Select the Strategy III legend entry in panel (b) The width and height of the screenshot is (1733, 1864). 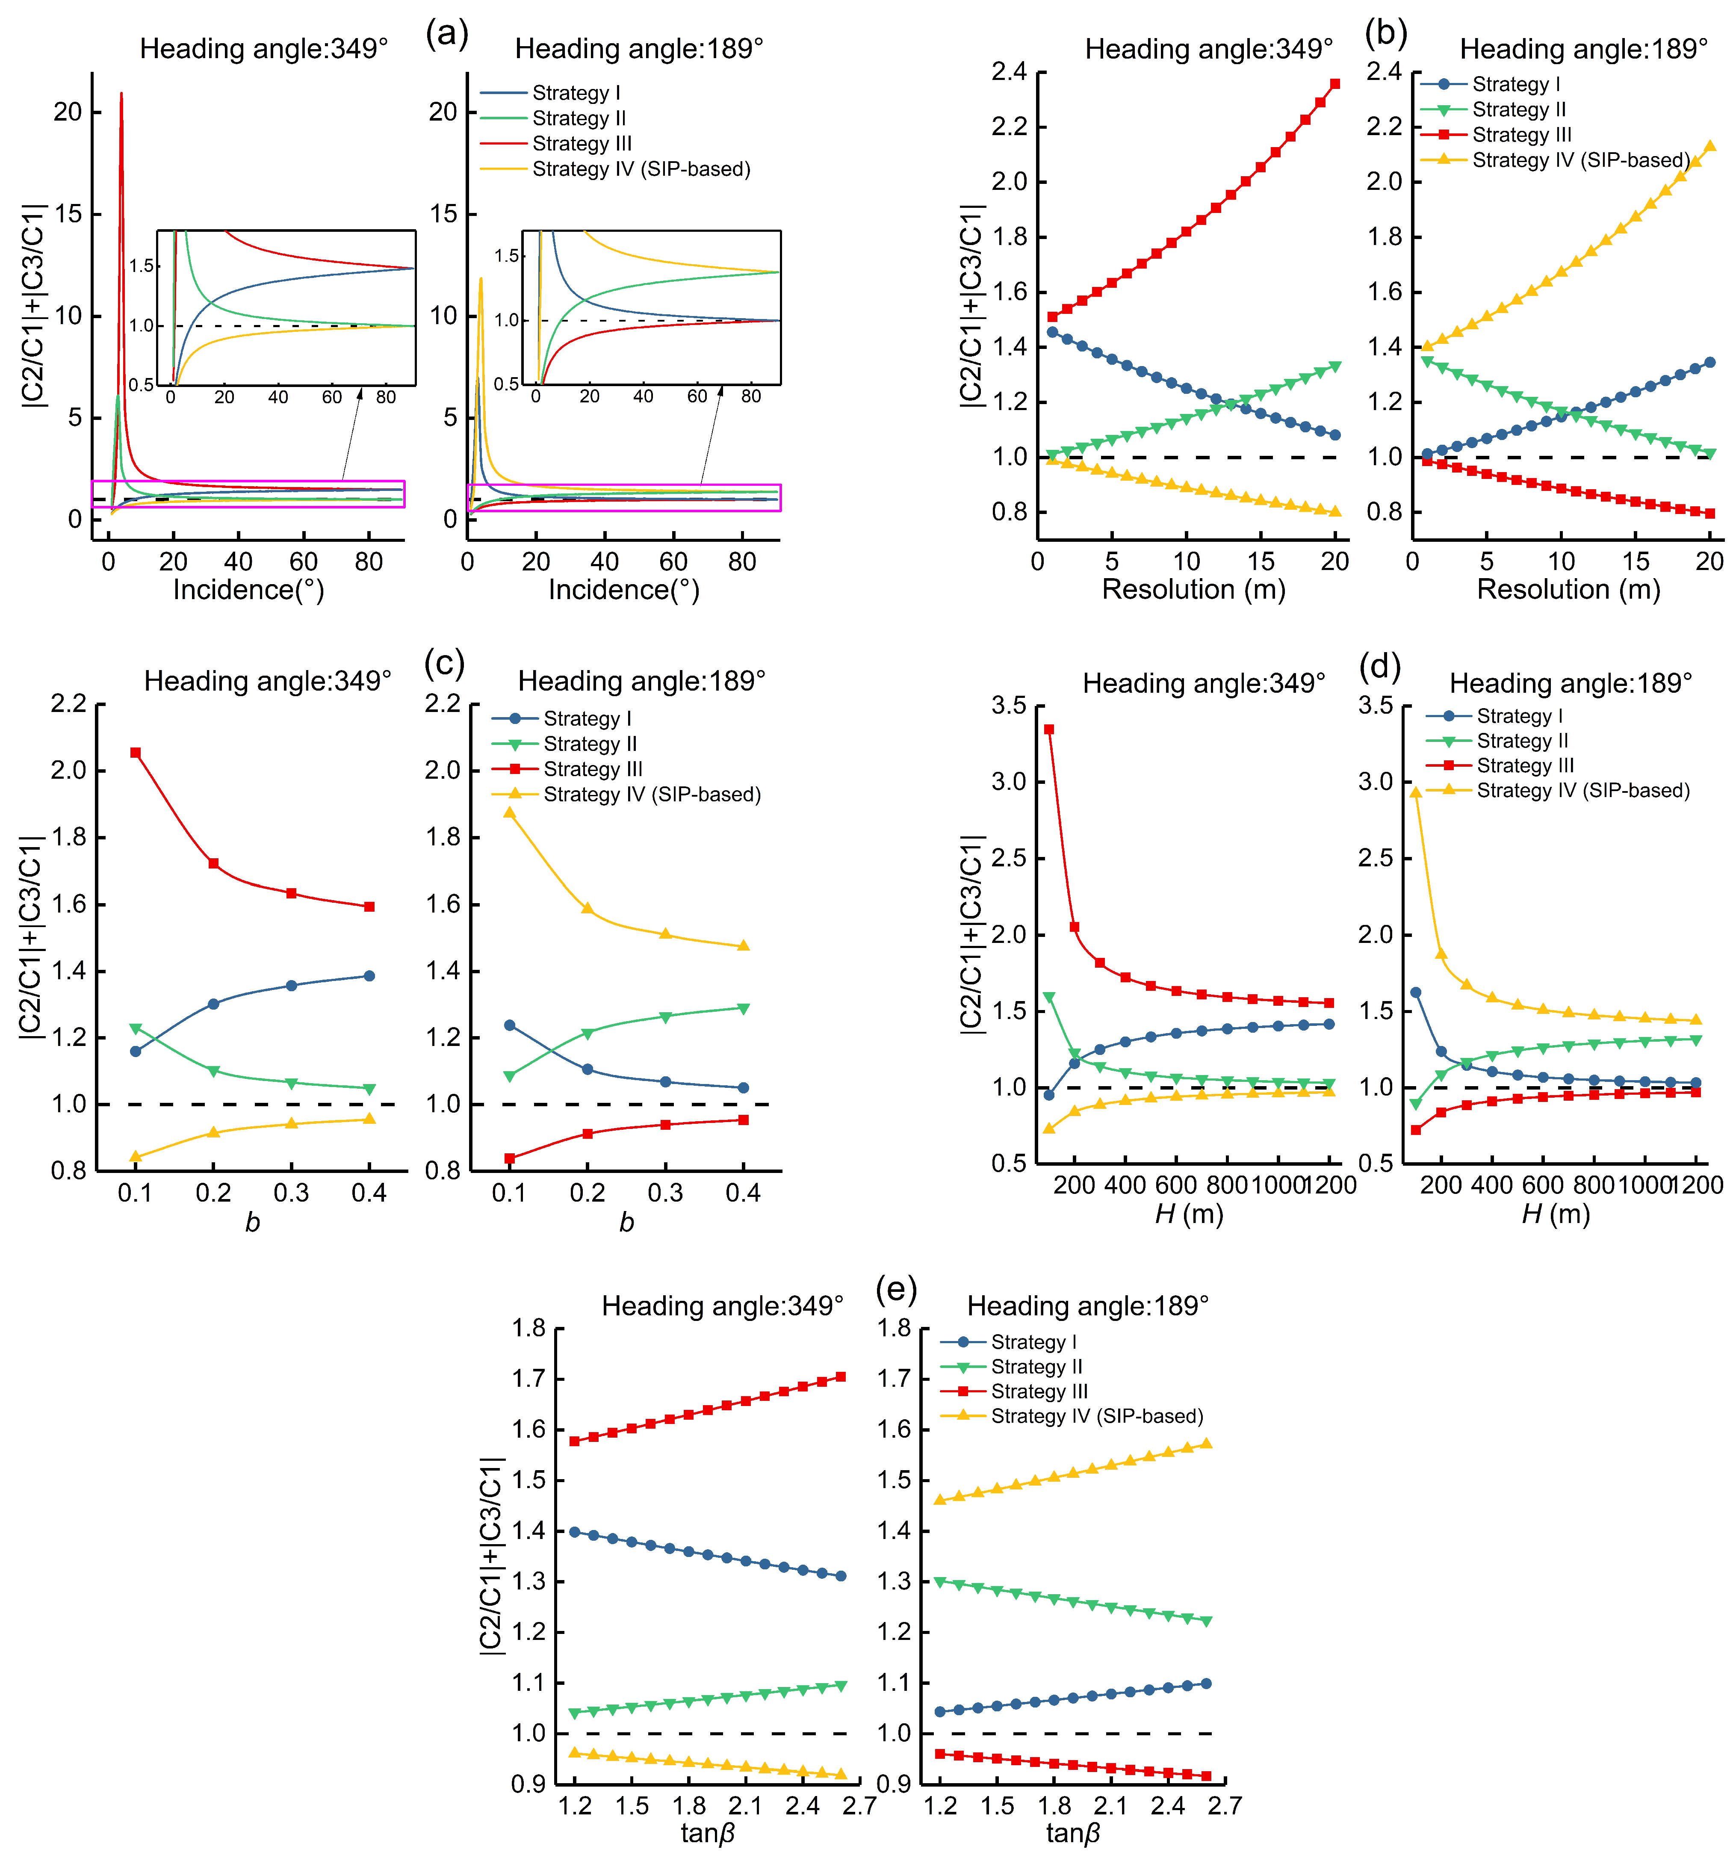point(1521,135)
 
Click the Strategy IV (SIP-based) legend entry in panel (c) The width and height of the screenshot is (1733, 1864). point(652,795)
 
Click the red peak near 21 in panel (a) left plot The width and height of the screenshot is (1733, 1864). point(121,94)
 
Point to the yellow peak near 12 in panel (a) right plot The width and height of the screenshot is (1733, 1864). point(481,278)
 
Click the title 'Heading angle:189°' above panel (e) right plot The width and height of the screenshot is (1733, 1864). point(1088,1306)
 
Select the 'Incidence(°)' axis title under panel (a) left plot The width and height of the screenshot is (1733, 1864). point(248,590)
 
